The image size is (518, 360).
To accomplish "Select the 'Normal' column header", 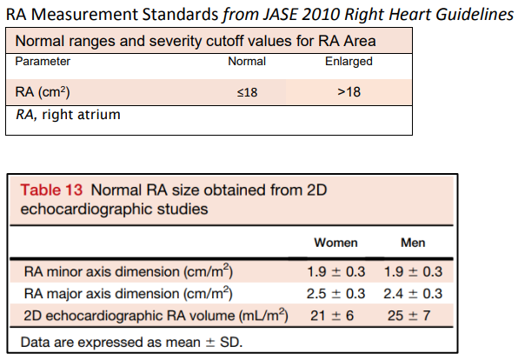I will pos(247,62).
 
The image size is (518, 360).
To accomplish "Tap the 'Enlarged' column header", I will pos(348,62).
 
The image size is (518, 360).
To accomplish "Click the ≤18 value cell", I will pos(248,92).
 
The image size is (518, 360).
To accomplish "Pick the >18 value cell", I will pos(348,92).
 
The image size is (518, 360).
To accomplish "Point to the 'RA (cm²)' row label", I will pos(42,92).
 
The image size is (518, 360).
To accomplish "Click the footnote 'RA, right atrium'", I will pos(66,114).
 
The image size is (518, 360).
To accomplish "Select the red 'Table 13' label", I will pos(50,190).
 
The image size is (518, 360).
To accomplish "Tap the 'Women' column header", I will pos(335,243).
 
